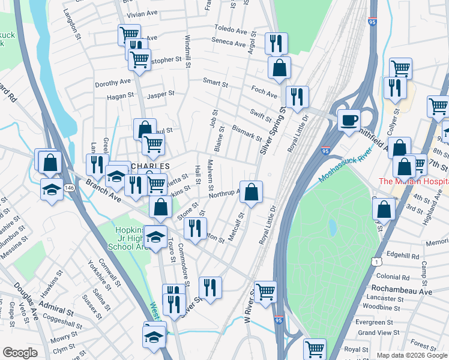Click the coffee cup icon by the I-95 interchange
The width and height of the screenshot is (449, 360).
coord(348,119)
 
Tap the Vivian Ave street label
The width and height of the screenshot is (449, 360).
coord(140,13)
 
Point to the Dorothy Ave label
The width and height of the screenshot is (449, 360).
coord(112,83)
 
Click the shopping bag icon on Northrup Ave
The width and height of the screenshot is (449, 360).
coord(252,192)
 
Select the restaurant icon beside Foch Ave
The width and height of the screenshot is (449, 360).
coord(297,97)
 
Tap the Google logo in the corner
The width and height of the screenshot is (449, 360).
coord(20,353)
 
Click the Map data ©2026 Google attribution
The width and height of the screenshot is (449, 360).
coord(411,355)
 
